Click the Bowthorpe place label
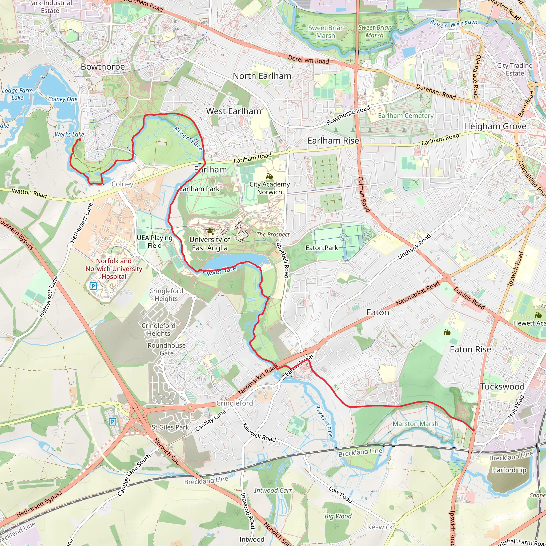coord(103,67)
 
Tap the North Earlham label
coord(262,76)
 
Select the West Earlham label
coord(234,111)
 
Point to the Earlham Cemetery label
coord(406,116)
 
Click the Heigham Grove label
coord(495,126)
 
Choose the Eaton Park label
coord(322,248)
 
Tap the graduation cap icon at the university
coord(210,231)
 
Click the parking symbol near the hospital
coord(93,286)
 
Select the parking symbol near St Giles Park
coord(113,422)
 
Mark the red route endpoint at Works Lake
coord(79,139)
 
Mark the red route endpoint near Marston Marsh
coord(473,430)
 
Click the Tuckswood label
coord(503,387)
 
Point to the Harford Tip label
coord(509,470)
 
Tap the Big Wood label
coord(338,516)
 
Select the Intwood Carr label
coord(273,490)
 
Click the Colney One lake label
coord(62,99)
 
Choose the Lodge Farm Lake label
coord(17,94)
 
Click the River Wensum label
coord(453,24)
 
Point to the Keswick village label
coord(380,527)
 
